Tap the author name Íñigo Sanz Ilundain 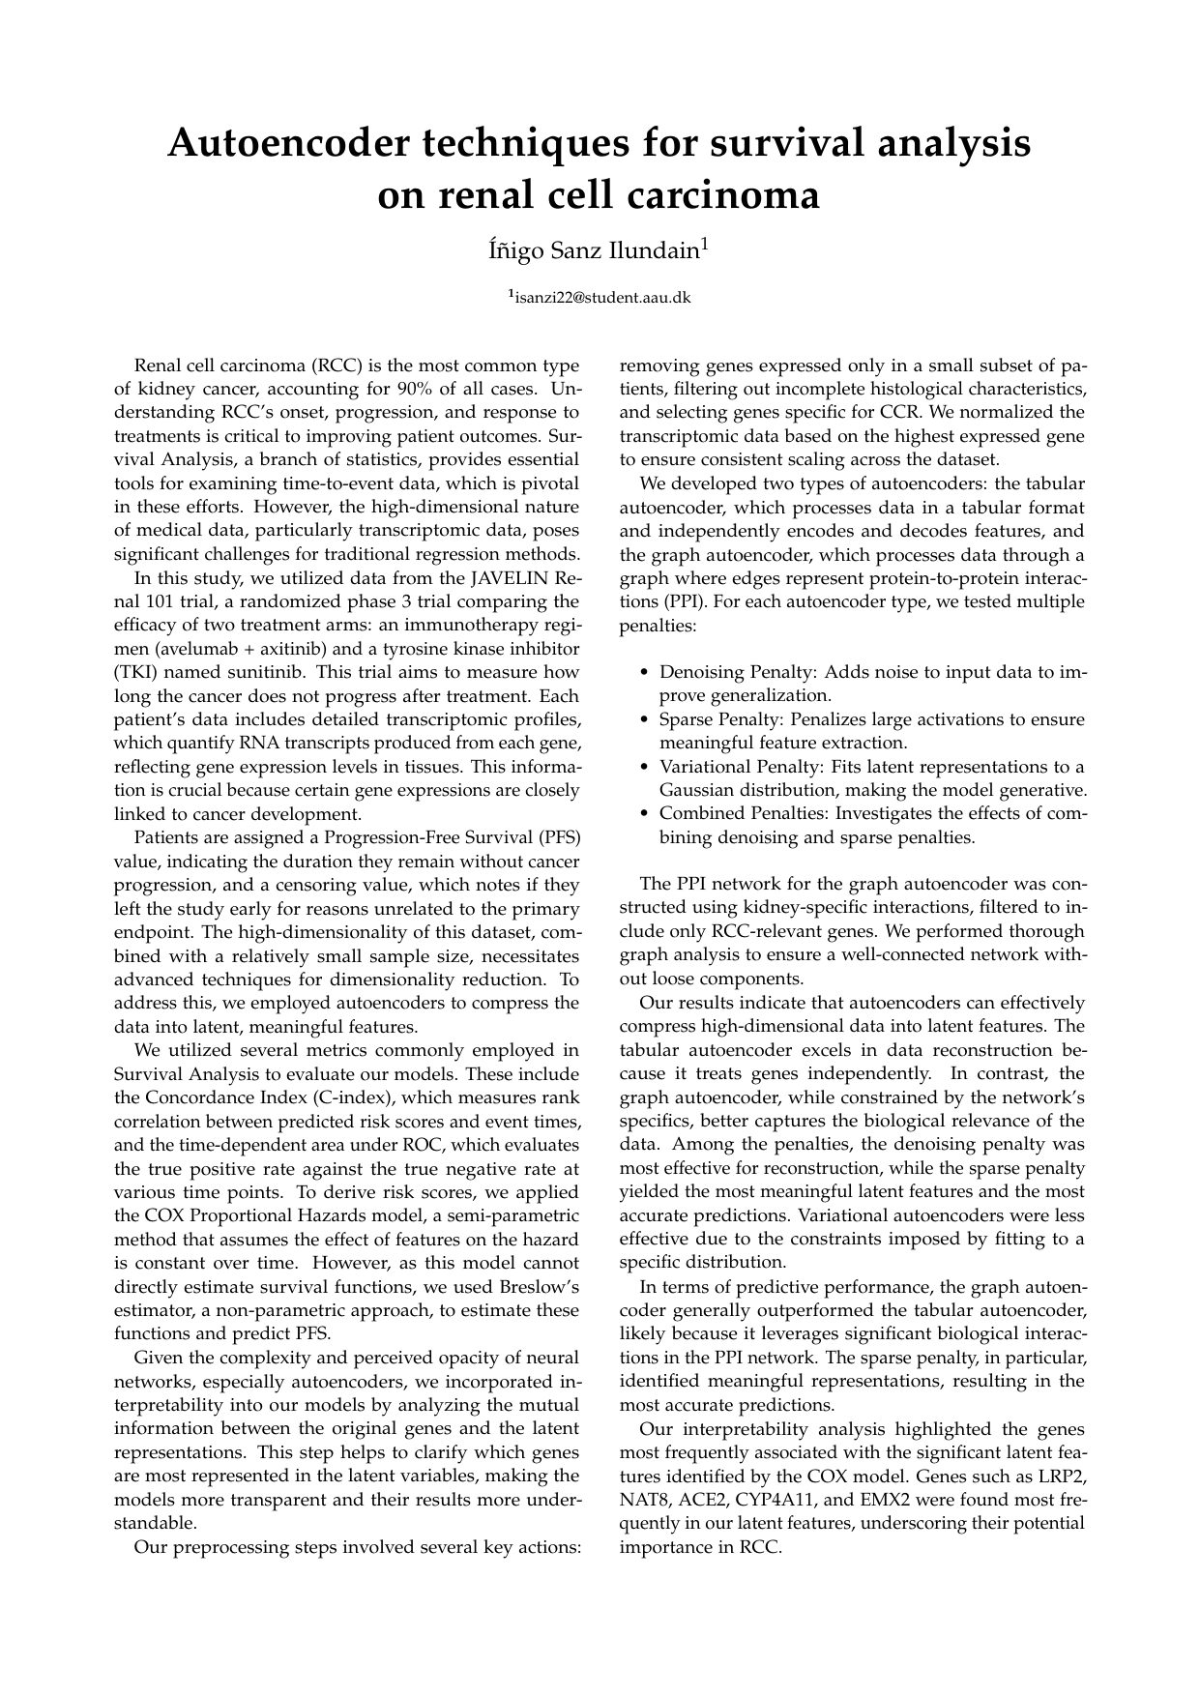pos(593,251)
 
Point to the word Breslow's pos(540,1287)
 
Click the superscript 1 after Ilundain pos(706,246)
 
